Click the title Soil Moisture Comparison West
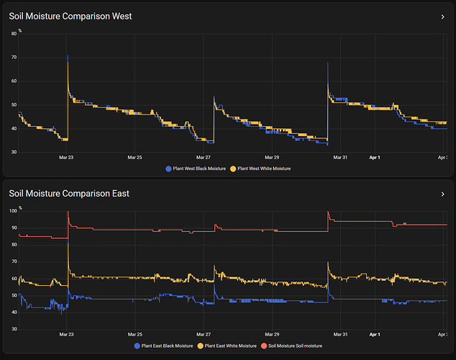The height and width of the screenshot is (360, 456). click(70, 16)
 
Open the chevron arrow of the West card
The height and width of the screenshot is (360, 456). click(442, 16)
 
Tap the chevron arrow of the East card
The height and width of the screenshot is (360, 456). click(442, 194)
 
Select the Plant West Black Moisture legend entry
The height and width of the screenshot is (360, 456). click(196, 168)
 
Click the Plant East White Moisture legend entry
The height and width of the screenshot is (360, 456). click(230, 346)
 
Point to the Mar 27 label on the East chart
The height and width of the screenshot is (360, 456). click(204, 334)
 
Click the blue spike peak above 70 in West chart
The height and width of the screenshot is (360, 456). click(68, 56)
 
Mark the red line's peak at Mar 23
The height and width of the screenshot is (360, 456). click(68, 212)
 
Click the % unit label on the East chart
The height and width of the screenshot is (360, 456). click(20, 207)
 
